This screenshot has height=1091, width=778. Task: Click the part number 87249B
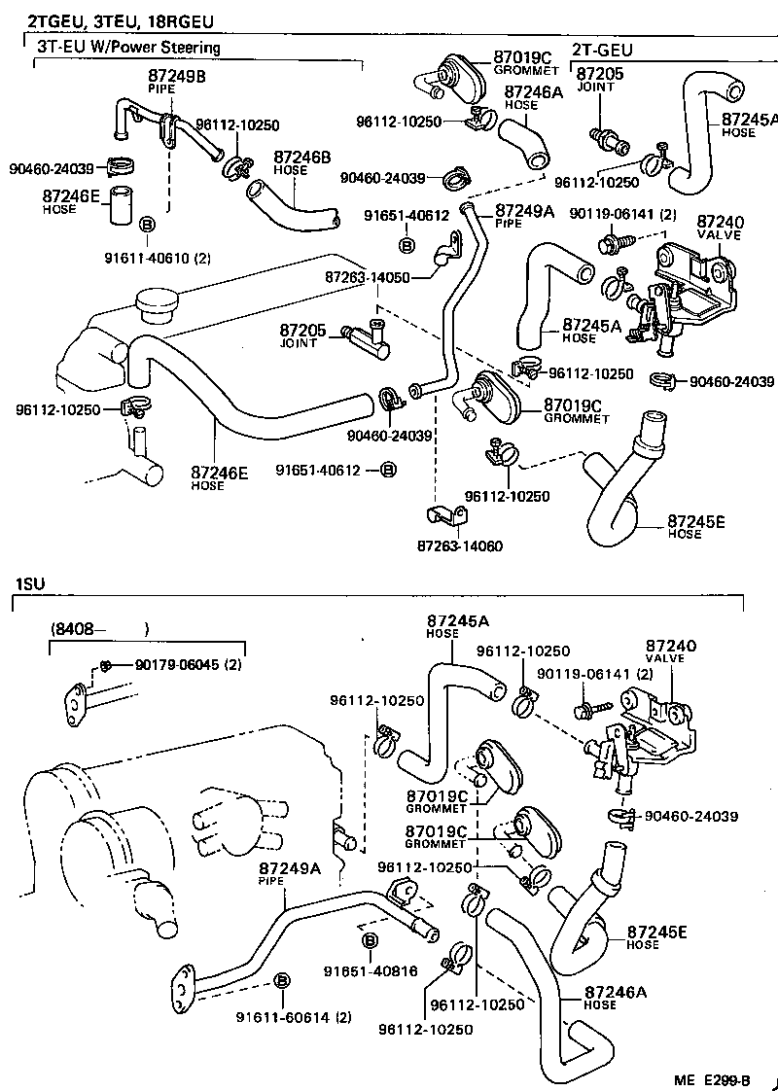tap(177, 75)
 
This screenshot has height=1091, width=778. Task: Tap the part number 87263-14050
tap(368, 277)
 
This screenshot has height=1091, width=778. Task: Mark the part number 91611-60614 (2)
tap(294, 1017)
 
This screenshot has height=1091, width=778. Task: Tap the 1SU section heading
tap(28, 584)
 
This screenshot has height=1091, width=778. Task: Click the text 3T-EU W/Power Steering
tap(128, 47)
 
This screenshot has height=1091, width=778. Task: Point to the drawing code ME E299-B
tap(713, 1078)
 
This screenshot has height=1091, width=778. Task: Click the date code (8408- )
tap(97, 629)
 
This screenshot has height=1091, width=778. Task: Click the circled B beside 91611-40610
tap(147, 225)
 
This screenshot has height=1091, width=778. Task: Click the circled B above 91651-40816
tap(370, 940)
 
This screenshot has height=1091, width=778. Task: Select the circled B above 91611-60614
tap(281, 979)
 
